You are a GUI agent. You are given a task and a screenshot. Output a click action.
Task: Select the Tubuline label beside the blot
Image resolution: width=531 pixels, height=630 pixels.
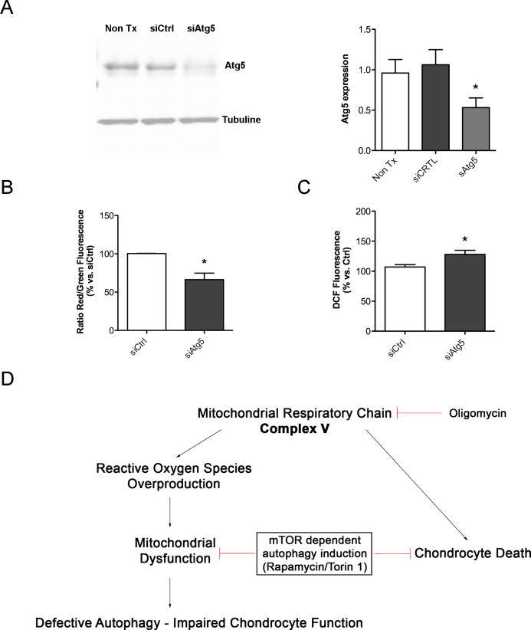243,120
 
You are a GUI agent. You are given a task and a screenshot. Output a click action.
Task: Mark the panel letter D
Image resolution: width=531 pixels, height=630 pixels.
8,381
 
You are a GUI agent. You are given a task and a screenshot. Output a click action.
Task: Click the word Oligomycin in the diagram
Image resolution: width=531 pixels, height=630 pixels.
480,413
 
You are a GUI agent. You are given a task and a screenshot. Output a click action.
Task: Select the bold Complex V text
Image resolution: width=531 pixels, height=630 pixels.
295,431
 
